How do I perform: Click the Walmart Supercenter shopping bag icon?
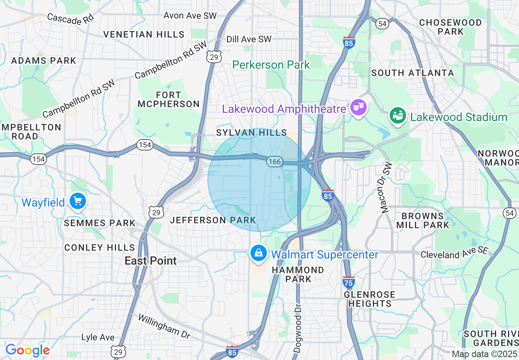pos(259,253)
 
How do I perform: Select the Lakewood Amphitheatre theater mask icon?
pos(359,108)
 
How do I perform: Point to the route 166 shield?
pos(274,162)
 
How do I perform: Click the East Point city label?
pos(151,261)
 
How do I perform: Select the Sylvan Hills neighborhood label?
pos(252,133)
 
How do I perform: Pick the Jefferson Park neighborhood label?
pos(213,220)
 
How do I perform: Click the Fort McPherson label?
pos(169,99)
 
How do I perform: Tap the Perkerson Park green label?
pos(271,65)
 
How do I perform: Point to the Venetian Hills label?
pos(144,34)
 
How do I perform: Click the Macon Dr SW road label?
pos(386,187)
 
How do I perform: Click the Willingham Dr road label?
pos(164,326)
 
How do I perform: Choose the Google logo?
pos(27,350)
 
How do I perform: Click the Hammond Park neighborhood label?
pos(298,274)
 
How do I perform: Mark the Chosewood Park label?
pos(450,27)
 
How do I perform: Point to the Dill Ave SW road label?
pos(249,39)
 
